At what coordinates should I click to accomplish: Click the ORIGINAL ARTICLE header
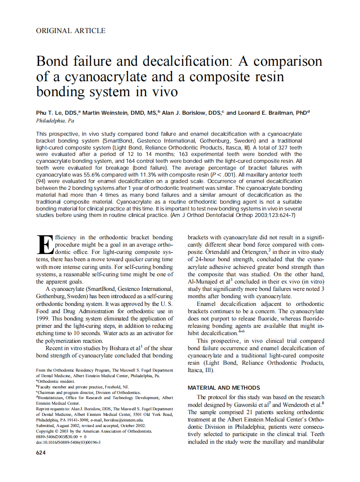click(x=70, y=31)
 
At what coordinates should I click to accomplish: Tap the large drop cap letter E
click(x=44, y=244)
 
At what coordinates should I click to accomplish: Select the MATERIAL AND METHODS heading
click(x=224, y=387)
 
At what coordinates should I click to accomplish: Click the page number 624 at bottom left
click(x=41, y=453)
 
